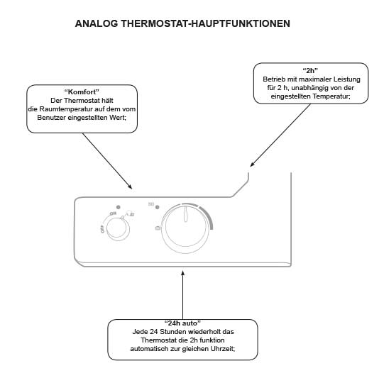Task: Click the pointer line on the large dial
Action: (x=185, y=213)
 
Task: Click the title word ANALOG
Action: (x=96, y=23)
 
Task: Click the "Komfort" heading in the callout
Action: (x=81, y=94)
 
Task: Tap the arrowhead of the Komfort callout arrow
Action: (x=131, y=188)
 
